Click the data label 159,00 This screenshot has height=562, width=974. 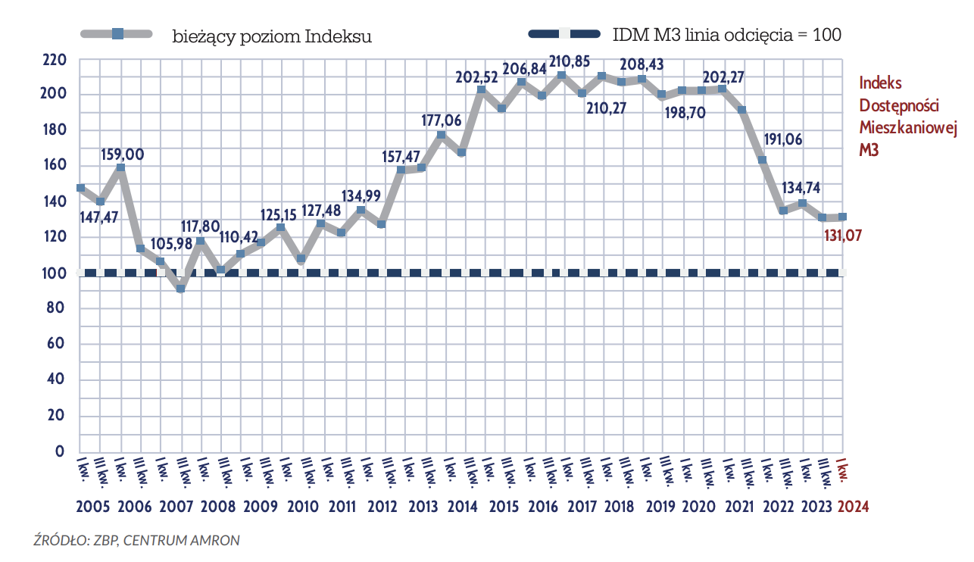coord(122,155)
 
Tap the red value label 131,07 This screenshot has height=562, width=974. coord(843,236)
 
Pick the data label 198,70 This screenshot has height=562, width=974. coord(683,114)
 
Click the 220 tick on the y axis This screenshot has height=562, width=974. coord(55,59)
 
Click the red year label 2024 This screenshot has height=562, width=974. coord(853,507)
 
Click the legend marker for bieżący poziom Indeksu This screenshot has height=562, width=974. coord(117,34)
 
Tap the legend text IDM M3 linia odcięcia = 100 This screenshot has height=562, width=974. coord(726,35)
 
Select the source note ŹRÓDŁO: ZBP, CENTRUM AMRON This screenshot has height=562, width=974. coord(136,540)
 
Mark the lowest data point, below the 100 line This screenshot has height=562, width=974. coord(180,289)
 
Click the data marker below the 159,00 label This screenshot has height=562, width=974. coord(120,168)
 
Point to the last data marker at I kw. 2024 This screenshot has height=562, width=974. coord(842,217)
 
